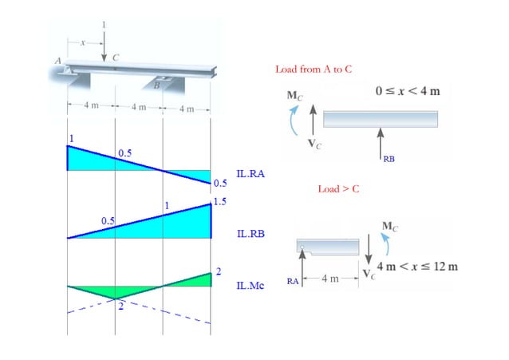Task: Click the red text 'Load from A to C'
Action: pyautogui.click(x=314, y=69)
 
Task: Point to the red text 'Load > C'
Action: pyautogui.click(x=339, y=190)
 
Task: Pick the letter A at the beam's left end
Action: pyautogui.click(x=57, y=61)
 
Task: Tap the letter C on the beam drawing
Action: pyautogui.click(x=116, y=57)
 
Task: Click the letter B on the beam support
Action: pyautogui.click(x=156, y=85)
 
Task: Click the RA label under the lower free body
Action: pyautogui.click(x=294, y=280)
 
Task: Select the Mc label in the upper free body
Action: pyautogui.click(x=295, y=96)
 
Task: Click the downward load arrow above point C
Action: pyautogui.click(x=104, y=45)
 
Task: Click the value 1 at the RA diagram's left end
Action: pyautogui.click(x=70, y=139)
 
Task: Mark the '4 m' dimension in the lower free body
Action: pyautogui.click(x=329, y=279)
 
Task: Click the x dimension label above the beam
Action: pyautogui.click(x=81, y=41)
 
